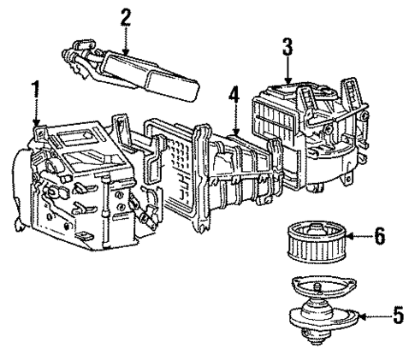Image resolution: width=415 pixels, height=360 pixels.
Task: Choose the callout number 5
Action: pyautogui.click(x=398, y=316)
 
